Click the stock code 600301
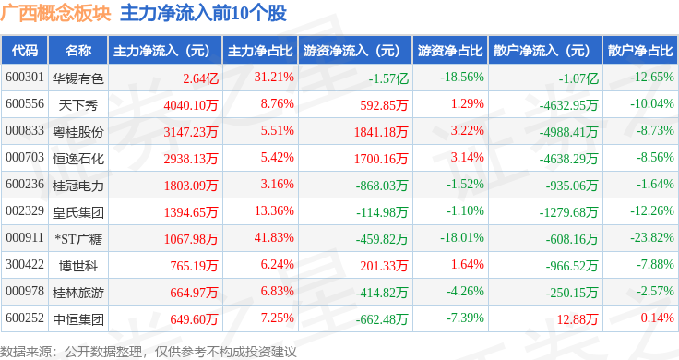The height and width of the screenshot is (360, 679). coord(25,78)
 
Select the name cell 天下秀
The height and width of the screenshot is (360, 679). coord(77,105)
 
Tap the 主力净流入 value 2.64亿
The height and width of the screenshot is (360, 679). coord(200,78)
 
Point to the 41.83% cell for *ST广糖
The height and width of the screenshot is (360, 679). coord(274,237)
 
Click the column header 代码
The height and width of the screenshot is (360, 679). coord(25,51)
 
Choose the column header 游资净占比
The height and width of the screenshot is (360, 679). coord(450,51)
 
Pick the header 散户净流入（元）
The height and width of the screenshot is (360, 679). coord(544,51)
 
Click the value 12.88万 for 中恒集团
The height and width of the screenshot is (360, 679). coord(578,319)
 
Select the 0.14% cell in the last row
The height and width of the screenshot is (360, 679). coord(658,318)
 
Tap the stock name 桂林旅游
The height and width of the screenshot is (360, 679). coord(77,293)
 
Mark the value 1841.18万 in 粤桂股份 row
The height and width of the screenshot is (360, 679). coord(381,132)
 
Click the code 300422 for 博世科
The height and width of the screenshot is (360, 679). coord(25,264)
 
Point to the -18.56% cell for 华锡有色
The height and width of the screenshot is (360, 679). coord(462,78)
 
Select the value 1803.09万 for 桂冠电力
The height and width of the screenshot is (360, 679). coord(191,186)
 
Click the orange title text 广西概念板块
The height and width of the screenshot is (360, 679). coord(56,14)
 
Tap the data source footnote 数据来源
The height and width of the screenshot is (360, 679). coord(26,352)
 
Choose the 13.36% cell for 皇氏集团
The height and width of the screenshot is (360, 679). coord(274,210)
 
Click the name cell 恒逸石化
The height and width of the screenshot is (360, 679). coord(77,159)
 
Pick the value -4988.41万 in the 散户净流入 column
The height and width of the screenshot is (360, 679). coord(568,132)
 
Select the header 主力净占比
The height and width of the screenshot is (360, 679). coord(260,51)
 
